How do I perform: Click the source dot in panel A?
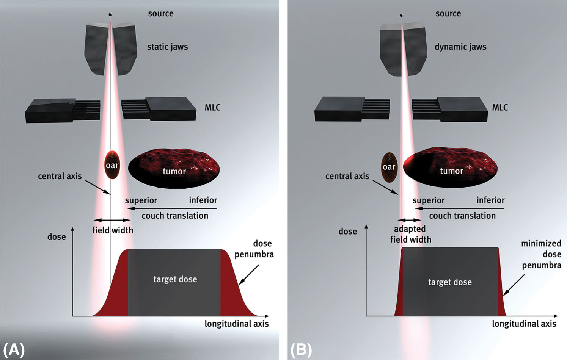(110, 15)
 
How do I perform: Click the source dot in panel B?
(401, 16)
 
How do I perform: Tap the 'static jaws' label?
(167, 47)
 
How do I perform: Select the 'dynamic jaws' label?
(460, 47)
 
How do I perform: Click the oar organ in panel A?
(112, 165)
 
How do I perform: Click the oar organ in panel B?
(389, 167)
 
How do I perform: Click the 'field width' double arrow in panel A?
(112, 220)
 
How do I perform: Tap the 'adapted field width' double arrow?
(410, 220)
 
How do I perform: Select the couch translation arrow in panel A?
(173, 208)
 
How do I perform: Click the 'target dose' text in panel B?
(450, 282)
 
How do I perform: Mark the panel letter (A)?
(14, 349)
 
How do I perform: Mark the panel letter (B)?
(301, 349)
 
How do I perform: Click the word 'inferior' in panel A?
(203, 200)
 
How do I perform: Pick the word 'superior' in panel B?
(428, 200)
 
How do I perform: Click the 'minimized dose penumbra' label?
(541, 254)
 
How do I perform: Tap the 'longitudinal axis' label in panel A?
(236, 324)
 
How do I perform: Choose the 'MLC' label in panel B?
(499, 108)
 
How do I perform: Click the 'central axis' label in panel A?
(60, 176)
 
